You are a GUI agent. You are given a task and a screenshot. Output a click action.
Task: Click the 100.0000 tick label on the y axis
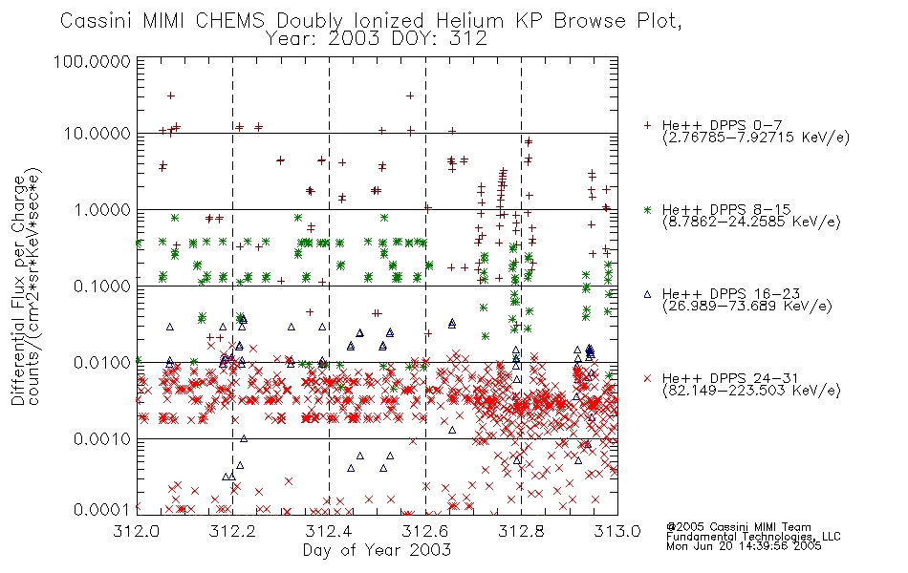point(92,61)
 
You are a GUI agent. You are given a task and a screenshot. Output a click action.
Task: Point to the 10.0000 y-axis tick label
point(97,134)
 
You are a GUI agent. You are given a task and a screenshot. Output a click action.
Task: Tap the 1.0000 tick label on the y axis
point(102,209)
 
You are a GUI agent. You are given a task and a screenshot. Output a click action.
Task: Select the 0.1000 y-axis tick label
point(102,286)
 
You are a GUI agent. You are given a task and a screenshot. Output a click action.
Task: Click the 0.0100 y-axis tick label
point(102,363)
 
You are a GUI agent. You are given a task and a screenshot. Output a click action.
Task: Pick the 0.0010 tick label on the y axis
point(102,439)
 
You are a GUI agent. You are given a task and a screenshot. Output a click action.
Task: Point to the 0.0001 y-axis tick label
point(102,509)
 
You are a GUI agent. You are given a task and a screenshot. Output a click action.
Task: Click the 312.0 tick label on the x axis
point(137,531)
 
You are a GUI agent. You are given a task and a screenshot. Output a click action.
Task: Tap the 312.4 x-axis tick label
point(330,531)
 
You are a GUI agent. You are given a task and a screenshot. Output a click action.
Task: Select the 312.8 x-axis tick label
point(522,531)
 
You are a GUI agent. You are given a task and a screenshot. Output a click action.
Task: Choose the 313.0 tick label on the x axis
point(617,531)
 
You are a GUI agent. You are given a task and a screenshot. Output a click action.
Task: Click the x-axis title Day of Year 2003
point(377,550)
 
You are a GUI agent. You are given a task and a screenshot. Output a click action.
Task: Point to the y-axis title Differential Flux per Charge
point(19,290)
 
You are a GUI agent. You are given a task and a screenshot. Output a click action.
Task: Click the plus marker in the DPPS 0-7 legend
point(647,125)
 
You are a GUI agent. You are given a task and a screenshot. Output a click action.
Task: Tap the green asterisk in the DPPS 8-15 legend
point(647,209)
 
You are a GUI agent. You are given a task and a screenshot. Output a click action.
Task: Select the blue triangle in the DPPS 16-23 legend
point(647,294)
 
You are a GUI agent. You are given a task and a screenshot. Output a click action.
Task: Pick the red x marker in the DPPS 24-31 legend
point(647,378)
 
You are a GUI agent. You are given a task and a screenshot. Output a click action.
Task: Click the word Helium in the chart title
point(470,21)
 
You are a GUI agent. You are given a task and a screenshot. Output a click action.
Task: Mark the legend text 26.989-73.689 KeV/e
point(747,306)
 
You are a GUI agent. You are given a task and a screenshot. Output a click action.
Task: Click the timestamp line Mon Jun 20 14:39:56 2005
point(744,546)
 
